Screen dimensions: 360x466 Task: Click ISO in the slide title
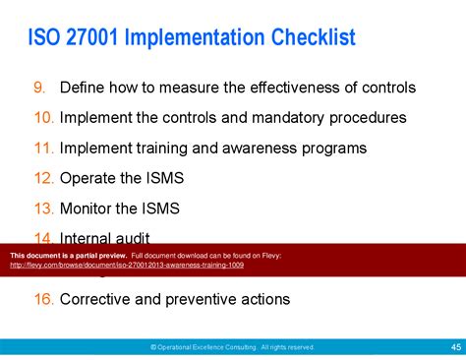(45, 39)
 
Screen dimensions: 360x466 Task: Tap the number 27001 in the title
(100, 39)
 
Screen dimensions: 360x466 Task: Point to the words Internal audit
(106, 238)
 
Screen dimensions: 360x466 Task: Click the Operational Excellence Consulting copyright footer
(232, 347)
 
